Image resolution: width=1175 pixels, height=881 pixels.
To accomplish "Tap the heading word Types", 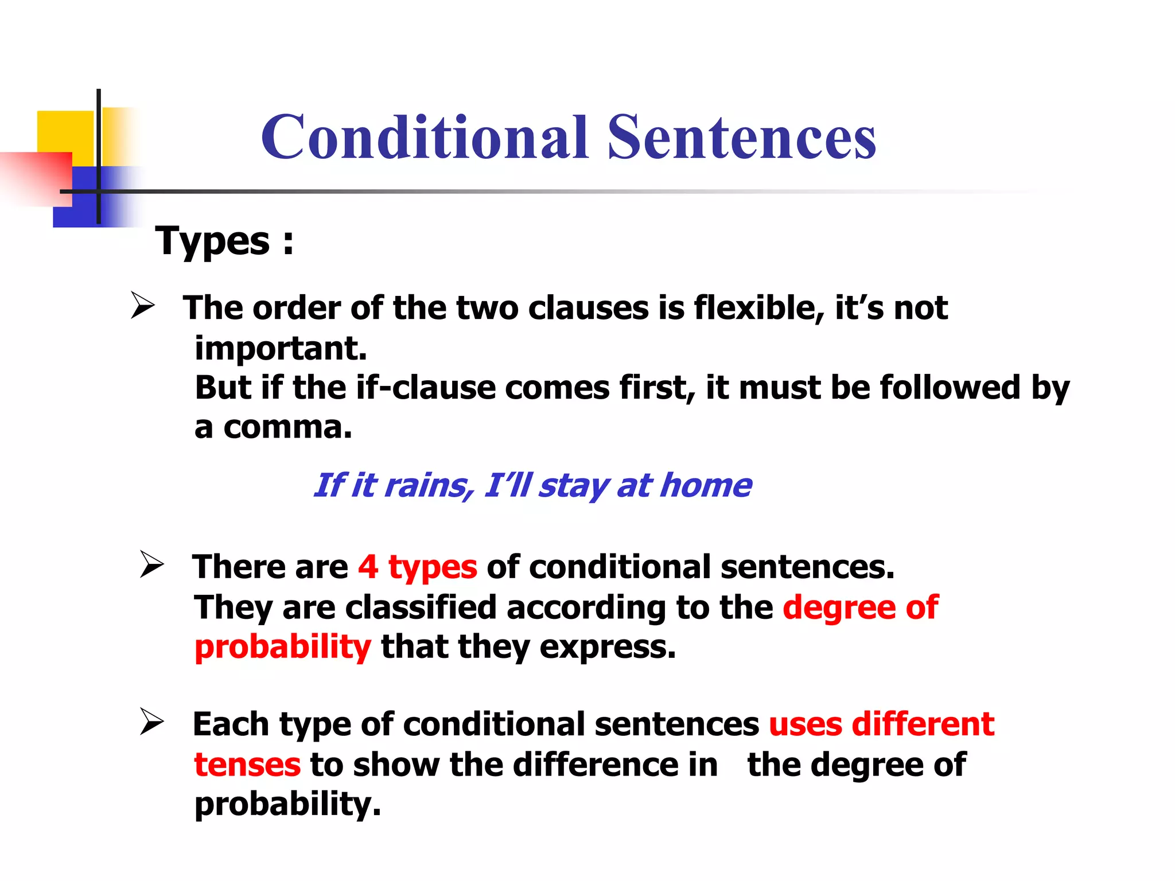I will point(212,241).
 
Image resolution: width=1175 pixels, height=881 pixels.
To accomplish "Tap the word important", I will point(281,348).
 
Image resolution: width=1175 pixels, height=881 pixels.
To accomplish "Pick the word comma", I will point(287,427).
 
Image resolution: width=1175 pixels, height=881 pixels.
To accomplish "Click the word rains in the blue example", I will point(429,486).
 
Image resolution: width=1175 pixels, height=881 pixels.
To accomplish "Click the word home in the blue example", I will point(706,486).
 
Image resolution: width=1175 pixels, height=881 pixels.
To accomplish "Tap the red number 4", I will point(368,567).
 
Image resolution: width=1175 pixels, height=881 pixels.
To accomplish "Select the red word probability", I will point(282,648).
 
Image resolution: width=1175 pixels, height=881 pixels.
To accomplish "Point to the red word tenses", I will point(247,765).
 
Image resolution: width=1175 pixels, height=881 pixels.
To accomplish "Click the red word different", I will point(923,724).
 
